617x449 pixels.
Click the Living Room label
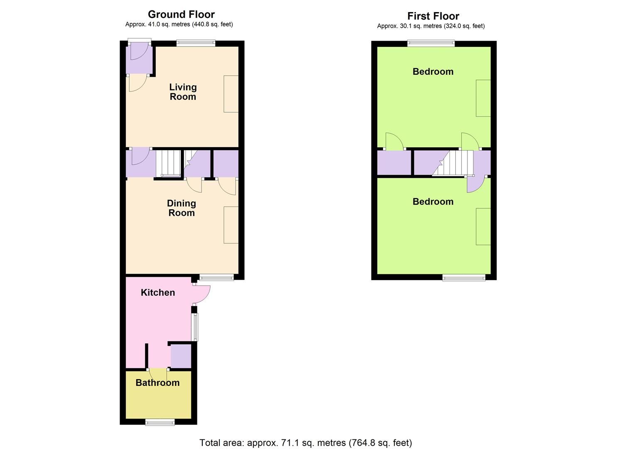[183, 92]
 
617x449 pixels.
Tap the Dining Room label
[181, 208]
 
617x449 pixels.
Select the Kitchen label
[158, 292]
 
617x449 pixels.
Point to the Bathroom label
[157, 382]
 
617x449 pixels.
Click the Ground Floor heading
[181, 14]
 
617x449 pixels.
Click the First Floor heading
[433, 16]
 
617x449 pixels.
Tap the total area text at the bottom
[305, 443]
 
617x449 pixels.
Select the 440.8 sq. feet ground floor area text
[212, 24]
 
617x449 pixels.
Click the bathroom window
[160, 422]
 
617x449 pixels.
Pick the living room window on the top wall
[196, 42]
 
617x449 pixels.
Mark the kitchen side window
[194, 327]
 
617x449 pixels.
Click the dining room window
[216, 277]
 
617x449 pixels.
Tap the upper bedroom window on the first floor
[431, 42]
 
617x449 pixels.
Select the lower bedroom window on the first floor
[464, 277]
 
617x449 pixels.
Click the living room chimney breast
[231, 94]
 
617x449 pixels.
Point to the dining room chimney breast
[231, 225]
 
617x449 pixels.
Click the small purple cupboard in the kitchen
[181, 356]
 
